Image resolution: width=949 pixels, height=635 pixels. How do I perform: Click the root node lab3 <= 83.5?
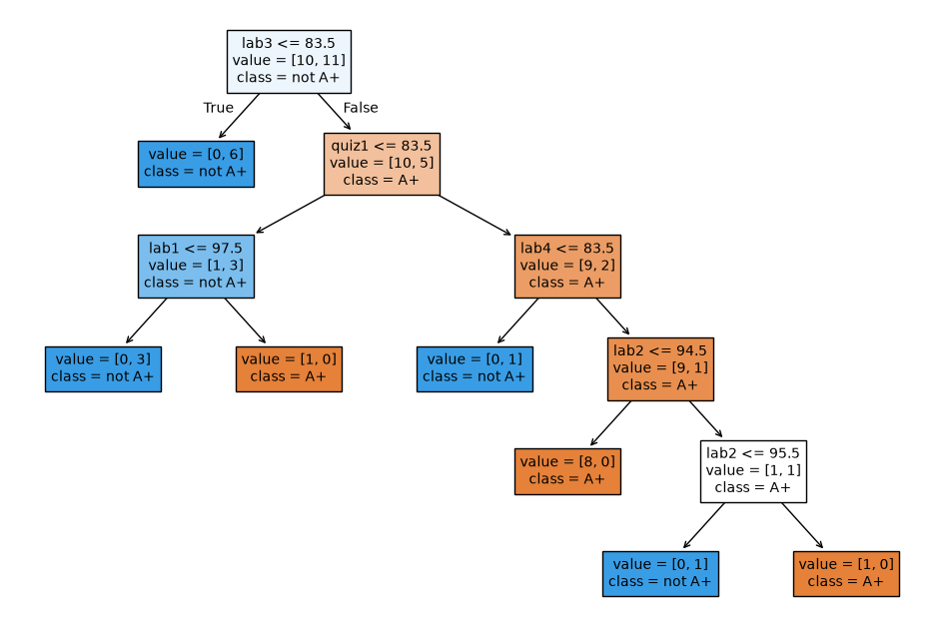[289, 62]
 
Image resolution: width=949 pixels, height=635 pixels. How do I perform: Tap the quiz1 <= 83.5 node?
[382, 164]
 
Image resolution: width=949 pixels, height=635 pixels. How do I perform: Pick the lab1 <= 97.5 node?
[196, 267]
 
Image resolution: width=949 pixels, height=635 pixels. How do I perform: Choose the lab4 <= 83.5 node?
[567, 267]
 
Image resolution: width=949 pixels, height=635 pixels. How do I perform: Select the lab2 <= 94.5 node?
[661, 368]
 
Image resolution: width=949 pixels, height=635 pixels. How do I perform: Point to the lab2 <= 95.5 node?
[753, 471]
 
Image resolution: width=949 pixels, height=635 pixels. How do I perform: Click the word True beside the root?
[219, 108]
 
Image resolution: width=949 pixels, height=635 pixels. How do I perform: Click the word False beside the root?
[361, 108]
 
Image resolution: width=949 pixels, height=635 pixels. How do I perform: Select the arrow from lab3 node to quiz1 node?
[335, 112]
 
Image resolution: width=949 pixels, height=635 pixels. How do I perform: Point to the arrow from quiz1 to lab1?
[291, 214]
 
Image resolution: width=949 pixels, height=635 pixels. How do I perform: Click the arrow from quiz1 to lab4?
[475, 215]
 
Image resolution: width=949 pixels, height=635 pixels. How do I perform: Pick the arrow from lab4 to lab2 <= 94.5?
[613, 317]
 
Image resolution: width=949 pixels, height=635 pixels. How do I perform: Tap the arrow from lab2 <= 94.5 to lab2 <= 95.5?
[705, 418]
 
